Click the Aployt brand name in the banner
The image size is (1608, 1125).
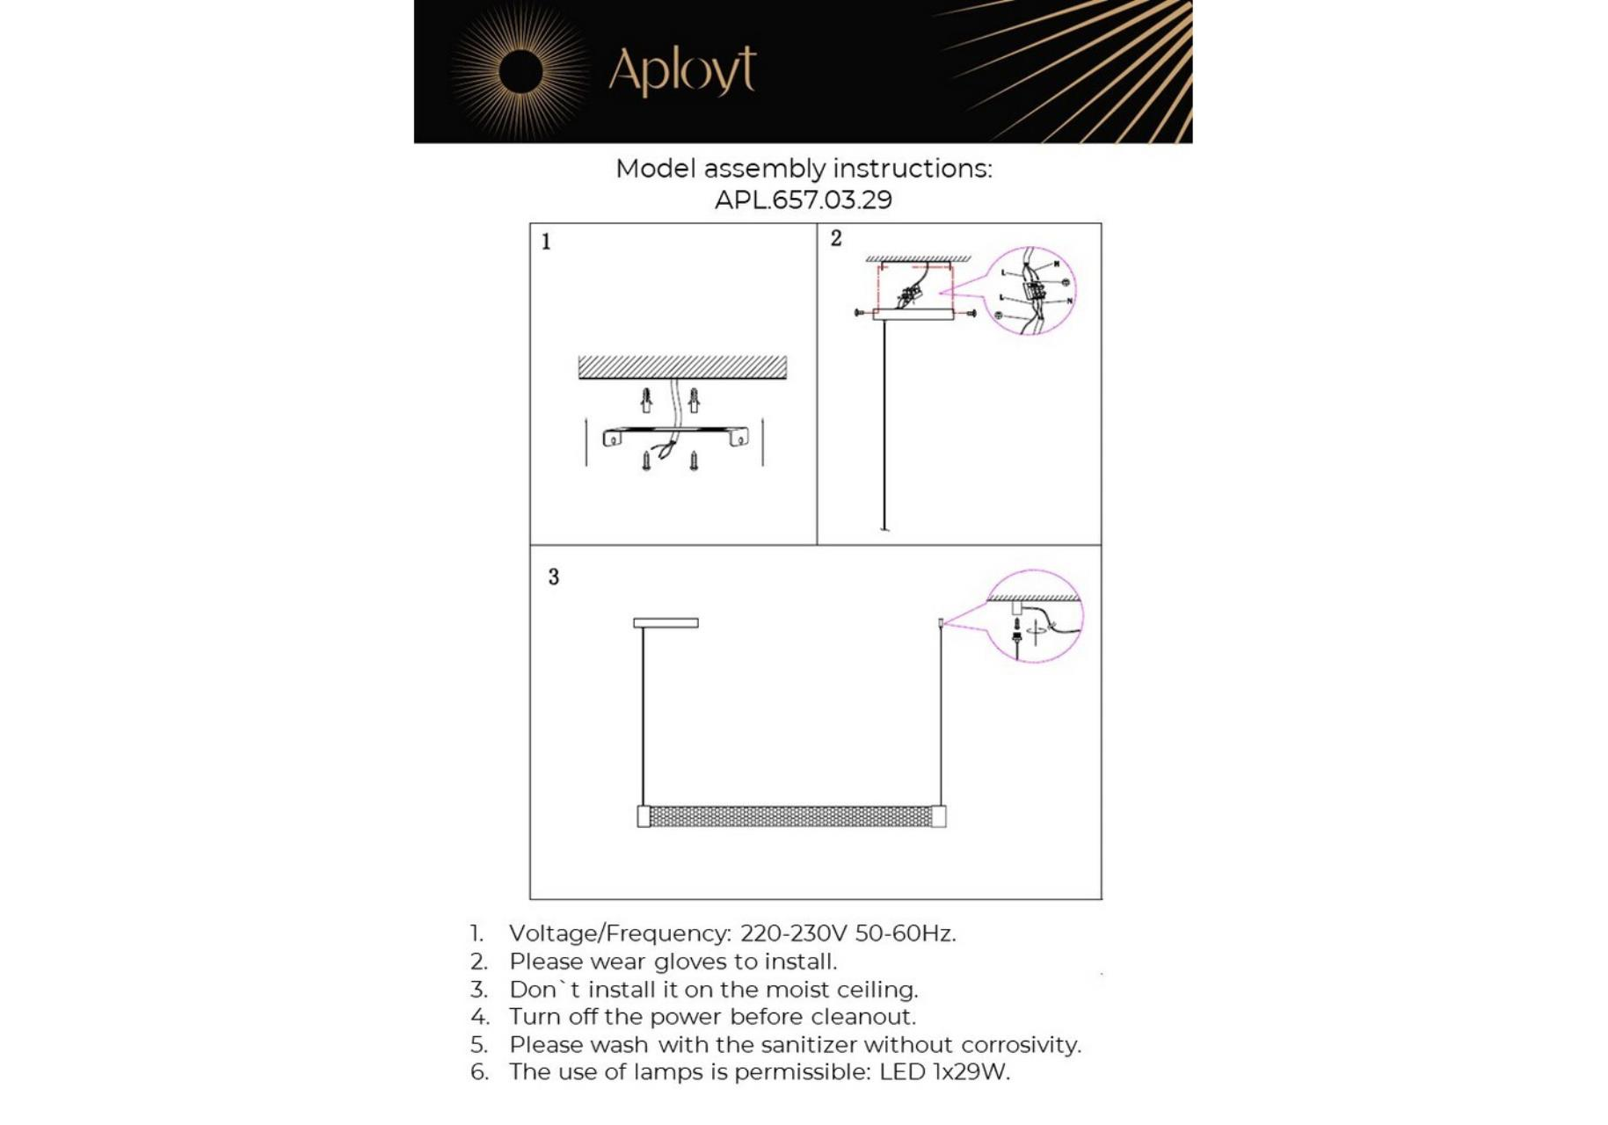click(681, 70)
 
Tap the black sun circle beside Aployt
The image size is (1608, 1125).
click(520, 71)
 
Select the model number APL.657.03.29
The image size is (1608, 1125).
click(803, 200)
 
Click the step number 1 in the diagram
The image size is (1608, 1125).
click(546, 242)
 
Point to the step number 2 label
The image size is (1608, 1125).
click(836, 238)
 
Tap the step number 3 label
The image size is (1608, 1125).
click(553, 577)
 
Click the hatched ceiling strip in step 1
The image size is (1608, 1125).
click(682, 367)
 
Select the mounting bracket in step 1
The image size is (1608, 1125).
click(675, 433)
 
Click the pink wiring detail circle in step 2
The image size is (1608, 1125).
click(1031, 291)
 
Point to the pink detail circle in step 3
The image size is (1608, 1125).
click(1034, 616)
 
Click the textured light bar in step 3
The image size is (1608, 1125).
click(790, 817)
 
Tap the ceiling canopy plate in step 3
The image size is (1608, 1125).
click(666, 623)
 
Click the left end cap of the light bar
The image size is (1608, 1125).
click(644, 817)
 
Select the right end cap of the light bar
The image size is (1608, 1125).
click(939, 817)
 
